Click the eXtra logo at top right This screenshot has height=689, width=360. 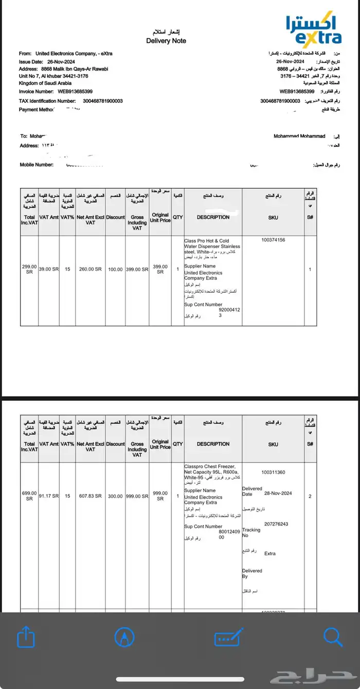313,31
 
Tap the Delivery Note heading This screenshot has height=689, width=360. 166,41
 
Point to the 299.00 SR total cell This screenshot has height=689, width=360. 29,269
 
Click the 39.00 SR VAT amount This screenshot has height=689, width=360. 49,269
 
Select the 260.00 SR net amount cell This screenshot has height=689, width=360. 90,269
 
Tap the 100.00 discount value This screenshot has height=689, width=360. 115,269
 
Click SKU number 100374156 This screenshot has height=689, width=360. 273,240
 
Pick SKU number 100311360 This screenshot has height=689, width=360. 273,472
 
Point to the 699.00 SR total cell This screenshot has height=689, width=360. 29,496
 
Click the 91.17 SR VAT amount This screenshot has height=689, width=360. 49,496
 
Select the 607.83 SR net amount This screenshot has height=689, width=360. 90,496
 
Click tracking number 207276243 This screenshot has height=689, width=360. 276,524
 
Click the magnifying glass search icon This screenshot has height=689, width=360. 333,638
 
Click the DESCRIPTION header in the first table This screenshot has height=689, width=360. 213,217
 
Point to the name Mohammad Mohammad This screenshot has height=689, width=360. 299,136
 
